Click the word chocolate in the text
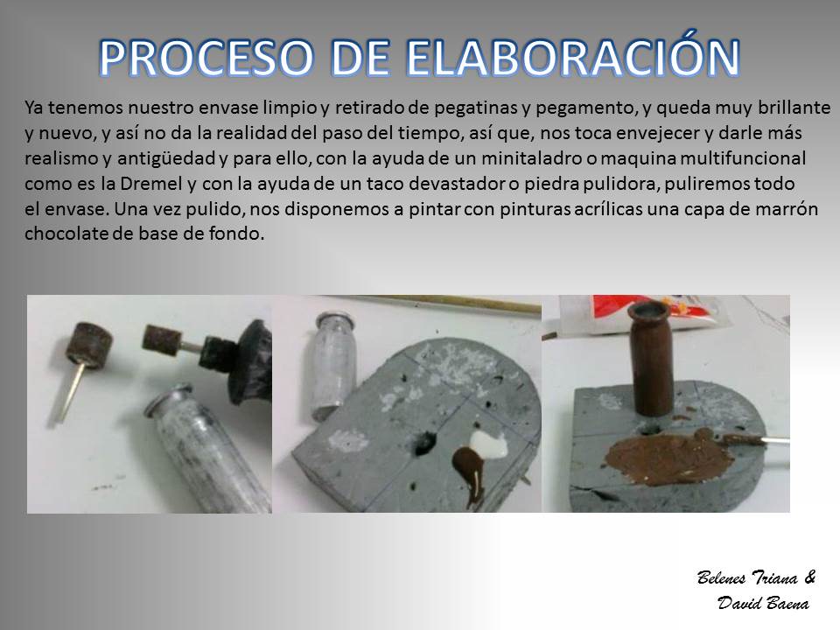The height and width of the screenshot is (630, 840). pos(67,234)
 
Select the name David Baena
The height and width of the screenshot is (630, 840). pos(763,603)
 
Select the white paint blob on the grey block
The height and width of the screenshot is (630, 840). pos(488,444)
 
